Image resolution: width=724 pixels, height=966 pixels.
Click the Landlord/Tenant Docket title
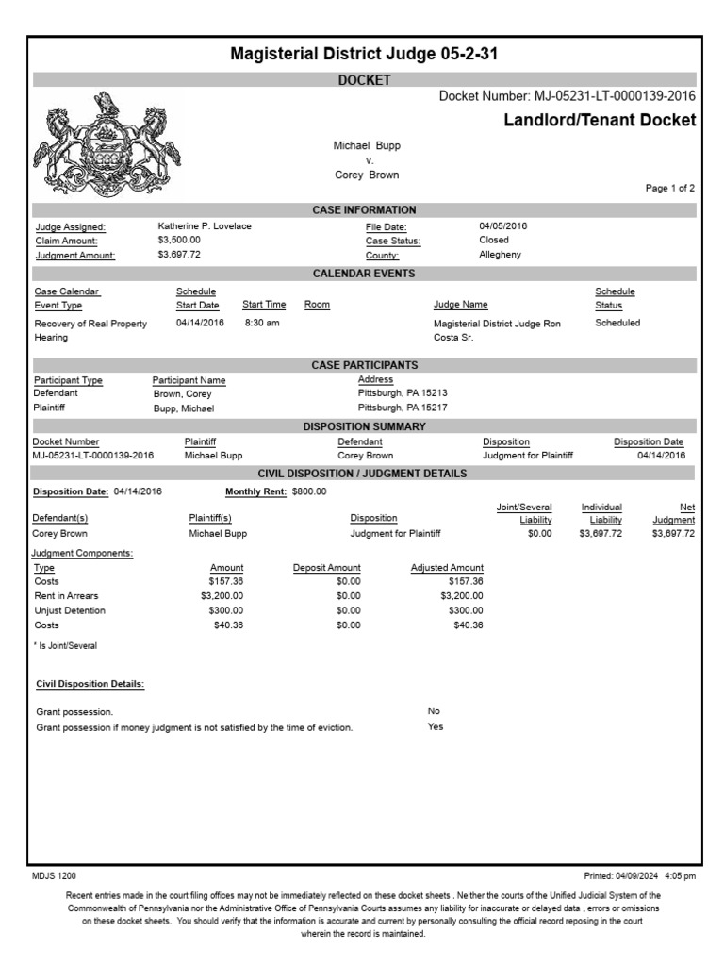tap(600, 120)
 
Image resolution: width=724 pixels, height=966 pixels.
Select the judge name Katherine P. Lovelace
tap(205, 226)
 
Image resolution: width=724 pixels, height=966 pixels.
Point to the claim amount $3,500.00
tap(179, 241)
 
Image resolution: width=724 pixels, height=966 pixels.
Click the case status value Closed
tap(494, 241)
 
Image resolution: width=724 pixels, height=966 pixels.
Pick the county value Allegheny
tap(501, 255)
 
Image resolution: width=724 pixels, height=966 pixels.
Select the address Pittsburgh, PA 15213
tap(403, 393)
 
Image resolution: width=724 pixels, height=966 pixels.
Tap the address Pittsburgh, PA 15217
tap(403, 408)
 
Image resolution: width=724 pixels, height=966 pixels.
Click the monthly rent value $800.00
tap(309, 491)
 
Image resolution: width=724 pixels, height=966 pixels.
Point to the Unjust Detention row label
tap(70, 610)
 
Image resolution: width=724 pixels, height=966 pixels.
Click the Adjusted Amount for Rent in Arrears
tap(461, 596)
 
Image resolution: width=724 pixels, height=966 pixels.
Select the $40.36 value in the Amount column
tap(226, 625)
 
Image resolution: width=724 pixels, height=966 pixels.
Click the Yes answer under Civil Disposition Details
tap(436, 726)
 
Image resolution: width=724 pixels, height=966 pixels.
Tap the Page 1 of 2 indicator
tap(669, 189)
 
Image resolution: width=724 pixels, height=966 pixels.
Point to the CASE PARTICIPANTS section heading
tap(364, 365)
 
